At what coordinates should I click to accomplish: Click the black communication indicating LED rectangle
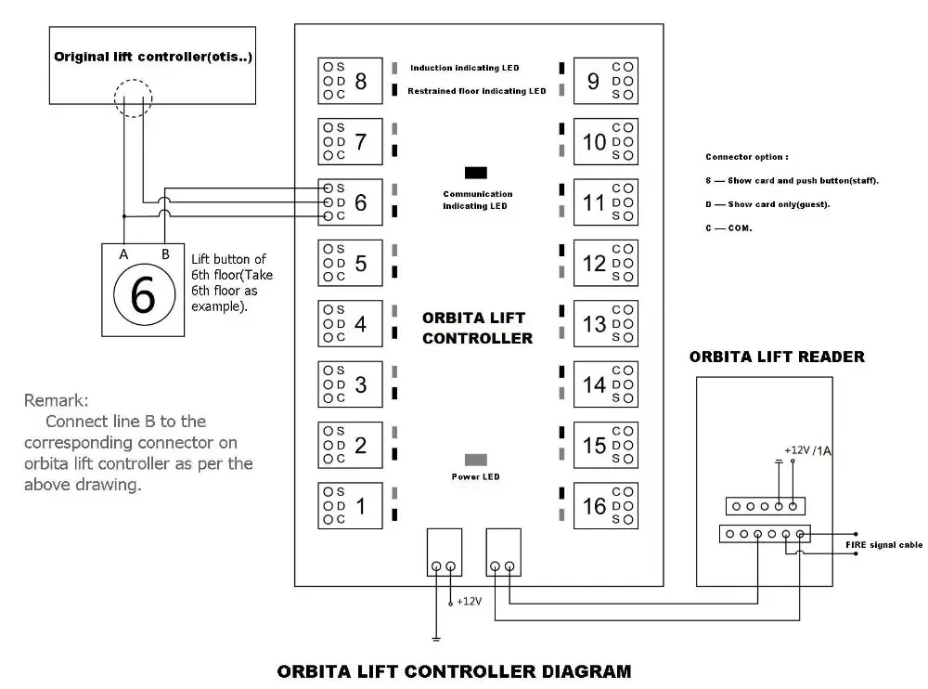[476, 173]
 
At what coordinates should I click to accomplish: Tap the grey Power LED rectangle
[476, 460]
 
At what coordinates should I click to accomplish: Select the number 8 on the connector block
[361, 82]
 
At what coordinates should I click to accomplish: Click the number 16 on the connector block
[594, 506]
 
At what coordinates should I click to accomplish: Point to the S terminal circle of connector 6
[328, 188]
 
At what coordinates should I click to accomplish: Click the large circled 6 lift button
[143, 295]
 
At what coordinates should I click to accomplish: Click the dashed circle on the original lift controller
[133, 97]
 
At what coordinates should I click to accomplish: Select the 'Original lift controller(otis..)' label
[153, 57]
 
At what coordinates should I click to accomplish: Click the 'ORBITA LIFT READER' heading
[777, 357]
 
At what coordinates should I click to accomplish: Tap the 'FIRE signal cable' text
[883, 545]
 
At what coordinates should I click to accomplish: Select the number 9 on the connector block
[594, 82]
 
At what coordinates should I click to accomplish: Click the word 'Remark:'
[57, 401]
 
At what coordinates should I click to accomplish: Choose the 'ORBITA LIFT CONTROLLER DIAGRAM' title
[455, 670]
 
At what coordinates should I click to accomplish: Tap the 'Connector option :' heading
[747, 157]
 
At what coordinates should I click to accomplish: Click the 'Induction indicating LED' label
[464, 68]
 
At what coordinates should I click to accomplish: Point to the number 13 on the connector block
[594, 324]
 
